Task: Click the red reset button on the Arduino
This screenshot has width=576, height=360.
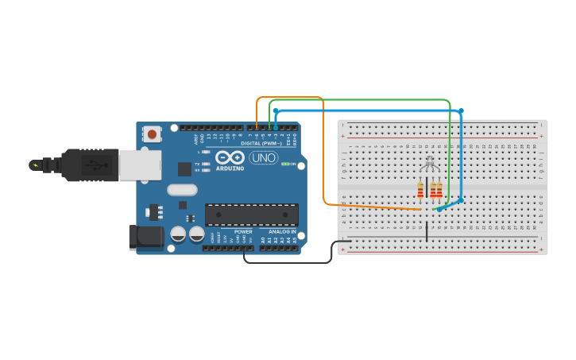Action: [x=152, y=134]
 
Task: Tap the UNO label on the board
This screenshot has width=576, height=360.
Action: [x=263, y=157]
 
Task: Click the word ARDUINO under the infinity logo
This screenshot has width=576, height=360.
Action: [x=231, y=168]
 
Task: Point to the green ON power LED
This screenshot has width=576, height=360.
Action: [x=285, y=165]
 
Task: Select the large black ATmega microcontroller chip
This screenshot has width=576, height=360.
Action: [x=252, y=214]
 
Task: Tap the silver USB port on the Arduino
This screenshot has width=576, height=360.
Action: [x=140, y=165]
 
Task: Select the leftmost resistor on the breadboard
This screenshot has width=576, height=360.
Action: [x=420, y=189]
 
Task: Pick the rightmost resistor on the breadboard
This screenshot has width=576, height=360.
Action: [x=439, y=189]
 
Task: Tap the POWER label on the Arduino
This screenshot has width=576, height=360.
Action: [x=243, y=232]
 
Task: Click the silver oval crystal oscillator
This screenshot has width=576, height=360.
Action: [x=182, y=190]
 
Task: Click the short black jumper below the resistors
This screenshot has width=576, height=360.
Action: [x=427, y=231]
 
